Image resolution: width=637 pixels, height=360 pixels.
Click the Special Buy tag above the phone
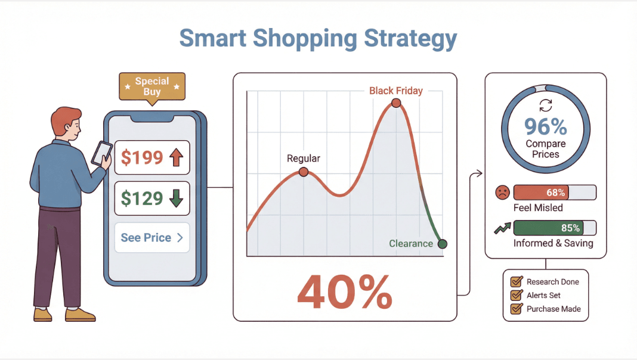(152, 86)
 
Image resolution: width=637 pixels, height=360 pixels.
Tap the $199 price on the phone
(142, 157)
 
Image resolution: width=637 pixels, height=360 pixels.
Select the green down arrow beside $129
(175, 198)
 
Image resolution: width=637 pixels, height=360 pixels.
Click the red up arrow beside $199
(175, 157)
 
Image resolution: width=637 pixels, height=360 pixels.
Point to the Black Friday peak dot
(395, 103)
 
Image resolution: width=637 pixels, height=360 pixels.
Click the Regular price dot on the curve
(304, 172)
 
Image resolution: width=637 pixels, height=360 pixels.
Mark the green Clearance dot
(442, 243)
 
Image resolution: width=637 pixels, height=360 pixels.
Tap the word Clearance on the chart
(411, 243)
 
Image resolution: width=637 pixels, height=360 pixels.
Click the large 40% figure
(345, 292)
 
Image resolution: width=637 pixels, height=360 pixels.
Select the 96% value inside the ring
(546, 127)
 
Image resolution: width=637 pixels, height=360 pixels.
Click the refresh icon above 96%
(545, 105)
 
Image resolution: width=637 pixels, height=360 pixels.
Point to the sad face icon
(502, 193)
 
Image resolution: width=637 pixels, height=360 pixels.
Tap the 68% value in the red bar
(555, 193)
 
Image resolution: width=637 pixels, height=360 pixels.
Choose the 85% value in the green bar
(570, 228)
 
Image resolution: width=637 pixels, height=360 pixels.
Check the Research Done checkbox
(517, 281)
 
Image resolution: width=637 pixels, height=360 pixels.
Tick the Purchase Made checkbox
(517, 309)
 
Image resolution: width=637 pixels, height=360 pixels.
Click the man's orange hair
(64, 117)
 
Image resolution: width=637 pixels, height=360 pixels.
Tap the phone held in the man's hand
(101, 153)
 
